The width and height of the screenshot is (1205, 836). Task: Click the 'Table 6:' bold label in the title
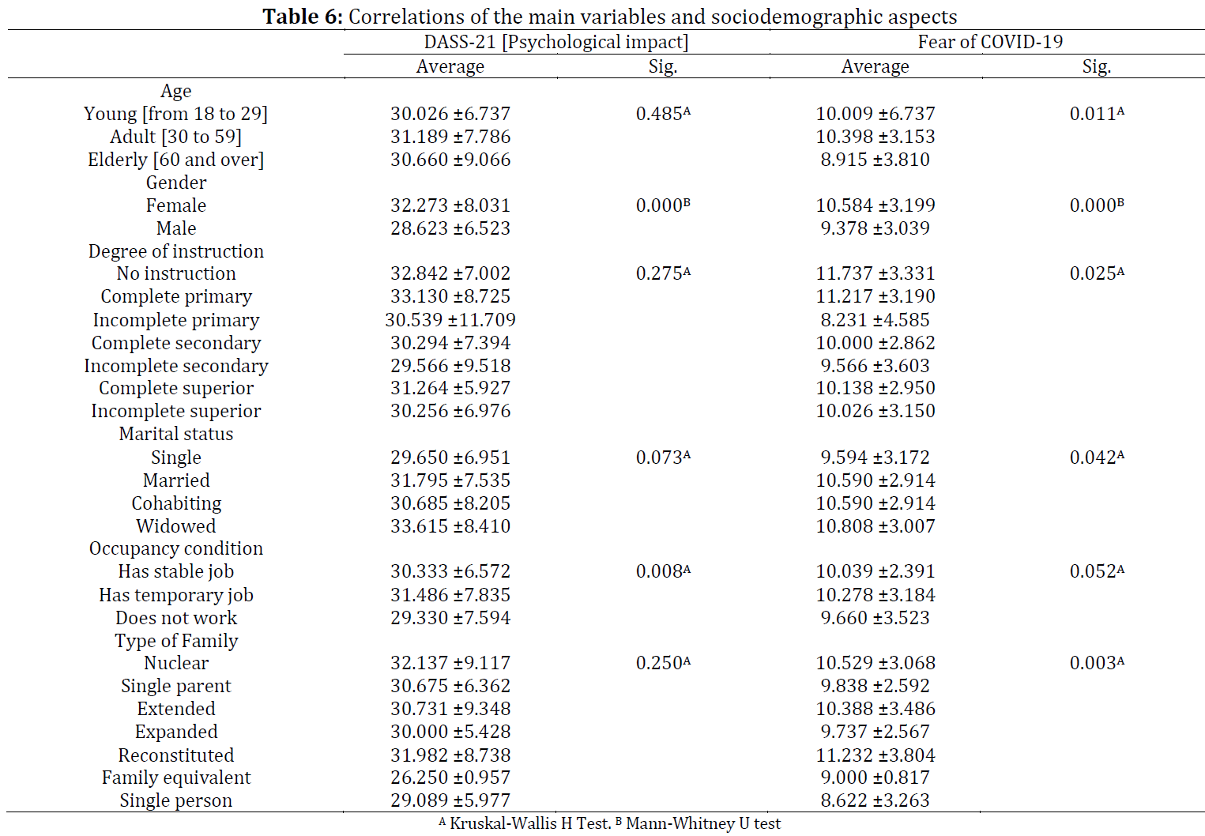[303, 17]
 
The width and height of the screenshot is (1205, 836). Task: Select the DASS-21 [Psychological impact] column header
[556, 42]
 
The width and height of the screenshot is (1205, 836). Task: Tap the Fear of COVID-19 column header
[990, 42]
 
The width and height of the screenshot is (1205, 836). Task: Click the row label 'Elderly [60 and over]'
[176, 160]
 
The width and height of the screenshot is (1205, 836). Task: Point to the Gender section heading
[176, 183]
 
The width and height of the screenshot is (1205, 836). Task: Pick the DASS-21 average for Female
[450, 205]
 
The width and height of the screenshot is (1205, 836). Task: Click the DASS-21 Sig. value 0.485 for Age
[663, 114]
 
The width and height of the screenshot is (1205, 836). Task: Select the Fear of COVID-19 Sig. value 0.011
[1097, 114]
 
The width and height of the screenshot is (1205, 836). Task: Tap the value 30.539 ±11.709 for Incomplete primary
[450, 320]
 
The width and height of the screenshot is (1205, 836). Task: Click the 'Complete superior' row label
[176, 389]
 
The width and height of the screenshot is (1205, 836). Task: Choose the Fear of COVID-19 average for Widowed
[876, 526]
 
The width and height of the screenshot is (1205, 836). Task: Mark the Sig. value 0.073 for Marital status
[663, 458]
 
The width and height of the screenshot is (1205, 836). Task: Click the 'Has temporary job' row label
[176, 595]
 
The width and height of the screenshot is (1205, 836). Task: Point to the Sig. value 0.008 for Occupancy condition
[663, 571]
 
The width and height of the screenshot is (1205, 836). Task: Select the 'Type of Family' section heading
[176, 641]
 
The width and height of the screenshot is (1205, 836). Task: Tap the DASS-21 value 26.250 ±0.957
[450, 778]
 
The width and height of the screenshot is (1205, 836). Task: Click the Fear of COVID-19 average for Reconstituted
[876, 755]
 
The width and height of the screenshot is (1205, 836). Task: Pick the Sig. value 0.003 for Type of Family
[1097, 663]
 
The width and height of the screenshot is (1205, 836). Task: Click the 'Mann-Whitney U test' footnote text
[703, 823]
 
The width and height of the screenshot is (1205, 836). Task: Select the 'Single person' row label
[176, 800]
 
